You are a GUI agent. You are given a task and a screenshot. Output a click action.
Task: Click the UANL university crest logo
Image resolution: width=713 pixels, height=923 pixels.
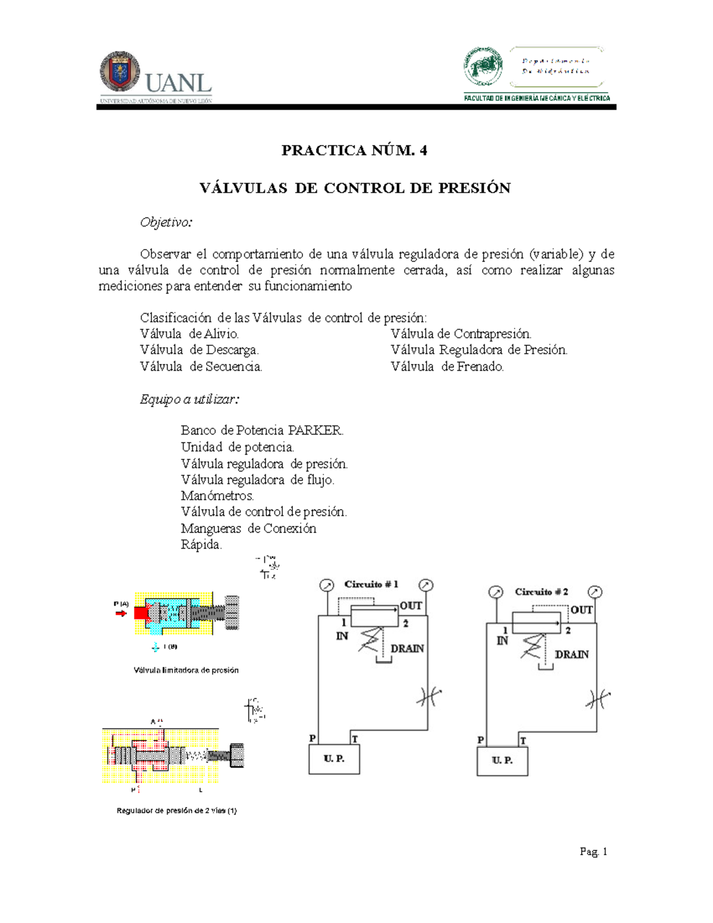click(120, 72)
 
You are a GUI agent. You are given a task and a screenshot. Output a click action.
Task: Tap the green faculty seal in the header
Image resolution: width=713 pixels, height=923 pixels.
click(483, 66)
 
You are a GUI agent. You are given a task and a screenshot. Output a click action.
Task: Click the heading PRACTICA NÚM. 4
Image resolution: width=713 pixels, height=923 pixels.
click(354, 150)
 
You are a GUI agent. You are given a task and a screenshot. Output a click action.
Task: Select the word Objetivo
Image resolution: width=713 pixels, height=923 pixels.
click(166, 222)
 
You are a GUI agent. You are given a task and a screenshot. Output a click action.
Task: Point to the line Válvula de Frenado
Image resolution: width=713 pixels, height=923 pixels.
click(447, 367)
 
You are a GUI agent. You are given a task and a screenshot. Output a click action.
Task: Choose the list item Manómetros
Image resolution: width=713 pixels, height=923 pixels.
click(217, 496)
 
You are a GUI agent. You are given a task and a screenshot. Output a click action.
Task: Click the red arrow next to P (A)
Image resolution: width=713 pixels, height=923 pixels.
click(121, 613)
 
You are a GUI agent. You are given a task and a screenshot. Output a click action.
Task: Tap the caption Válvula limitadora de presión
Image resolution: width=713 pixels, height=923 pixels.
click(186, 670)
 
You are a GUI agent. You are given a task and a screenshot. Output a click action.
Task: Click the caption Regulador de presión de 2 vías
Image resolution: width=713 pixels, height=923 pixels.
click(176, 810)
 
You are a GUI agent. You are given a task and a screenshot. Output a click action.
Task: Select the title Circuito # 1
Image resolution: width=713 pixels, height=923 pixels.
click(371, 584)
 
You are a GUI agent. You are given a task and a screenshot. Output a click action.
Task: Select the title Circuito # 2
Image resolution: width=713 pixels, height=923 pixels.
click(541, 592)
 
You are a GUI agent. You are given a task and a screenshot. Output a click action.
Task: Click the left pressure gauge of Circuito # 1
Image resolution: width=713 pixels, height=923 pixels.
click(327, 586)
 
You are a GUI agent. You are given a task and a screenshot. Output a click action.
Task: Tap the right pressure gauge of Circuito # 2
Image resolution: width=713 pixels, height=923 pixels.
click(595, 592)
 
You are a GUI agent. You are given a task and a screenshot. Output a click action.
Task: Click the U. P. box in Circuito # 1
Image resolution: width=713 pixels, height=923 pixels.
click(334, 759)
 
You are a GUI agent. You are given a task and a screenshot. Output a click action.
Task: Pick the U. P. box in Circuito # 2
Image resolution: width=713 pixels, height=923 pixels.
click(502, 761)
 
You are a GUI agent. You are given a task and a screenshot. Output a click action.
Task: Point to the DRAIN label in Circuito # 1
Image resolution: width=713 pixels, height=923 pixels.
click(407, 648)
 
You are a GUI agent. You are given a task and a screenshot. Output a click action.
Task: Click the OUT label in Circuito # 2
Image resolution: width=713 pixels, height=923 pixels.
click(581, 610)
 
